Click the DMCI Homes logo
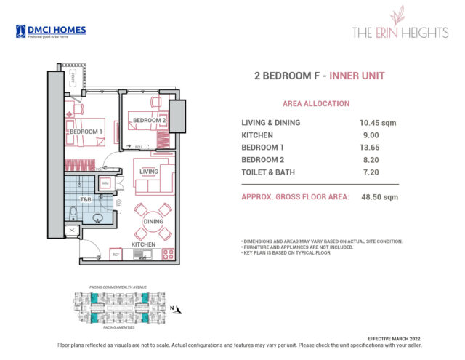pos(50,31)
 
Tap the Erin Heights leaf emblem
pos(397,16)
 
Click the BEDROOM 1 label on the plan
pos(84,131)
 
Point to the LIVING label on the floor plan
pos(149,172)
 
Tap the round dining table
pos(153,221)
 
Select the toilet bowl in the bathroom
pos(73,212)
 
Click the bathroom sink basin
pos(99,216)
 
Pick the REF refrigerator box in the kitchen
pos(115,255)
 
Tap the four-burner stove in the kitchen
pos(169,255)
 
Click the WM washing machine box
pos(105,183)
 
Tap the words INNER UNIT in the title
pos(357,75)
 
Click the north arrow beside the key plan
pos(172,308)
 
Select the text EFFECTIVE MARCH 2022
pos(392,340)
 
